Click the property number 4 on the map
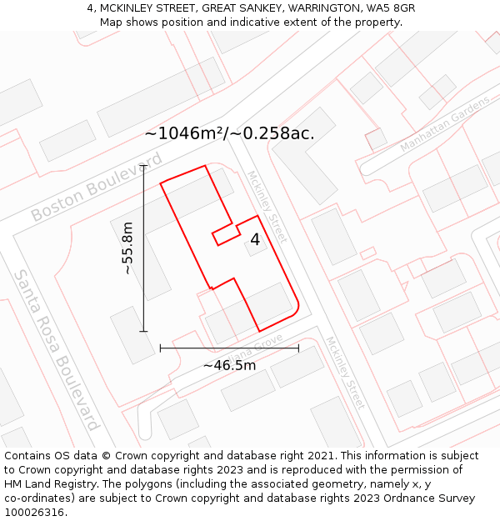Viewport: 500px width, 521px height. [255, 240]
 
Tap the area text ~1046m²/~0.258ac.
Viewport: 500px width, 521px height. [229, 133]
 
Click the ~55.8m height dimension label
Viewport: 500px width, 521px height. [127, 248]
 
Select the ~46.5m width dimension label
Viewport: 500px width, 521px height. [229, 365]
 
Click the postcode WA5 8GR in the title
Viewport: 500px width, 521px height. [391, 8]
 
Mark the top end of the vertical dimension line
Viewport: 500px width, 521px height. [143, 166]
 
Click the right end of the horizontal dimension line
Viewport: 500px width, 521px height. [298, 348]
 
